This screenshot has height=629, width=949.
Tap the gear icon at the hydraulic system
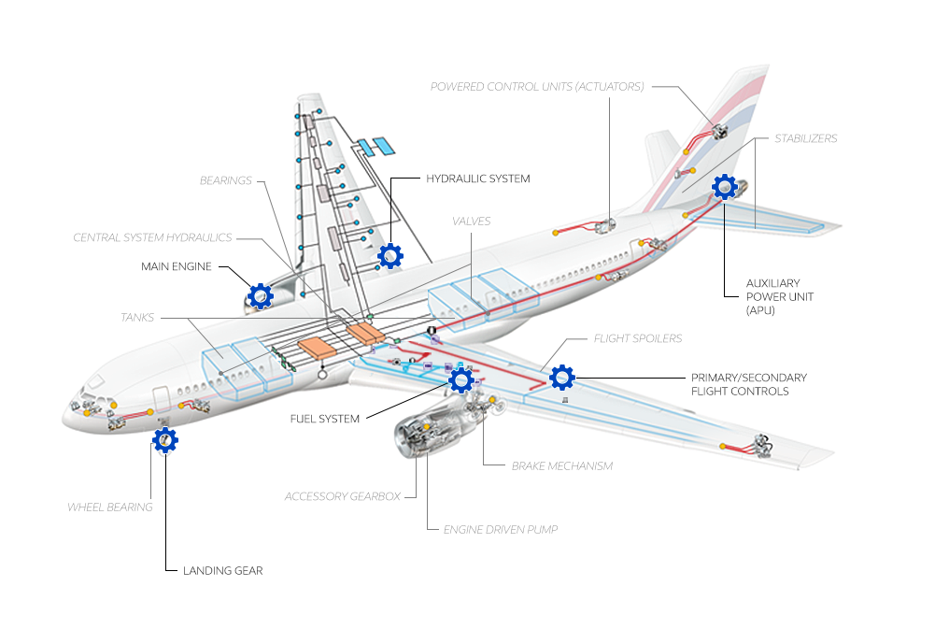(x=390, y=254)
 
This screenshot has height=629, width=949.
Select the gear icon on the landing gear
(x=165, y=440)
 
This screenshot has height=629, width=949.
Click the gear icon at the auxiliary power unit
(x=725, y=188)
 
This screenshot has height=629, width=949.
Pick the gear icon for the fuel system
(x=461, y=379)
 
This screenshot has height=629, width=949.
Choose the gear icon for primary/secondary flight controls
(x=562, y=377)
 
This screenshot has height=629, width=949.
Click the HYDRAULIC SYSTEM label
(x=477, y=179)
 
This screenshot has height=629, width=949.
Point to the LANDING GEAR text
(x=222, y=570)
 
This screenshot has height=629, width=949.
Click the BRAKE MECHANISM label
(x=562, y=465)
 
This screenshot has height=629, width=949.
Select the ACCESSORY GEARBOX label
(x=342, y=496)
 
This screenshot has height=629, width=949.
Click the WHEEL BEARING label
(x=109, y=507)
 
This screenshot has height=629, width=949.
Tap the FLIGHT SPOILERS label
(x=638, y=338)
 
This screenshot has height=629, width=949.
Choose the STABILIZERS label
(x=805, y=138)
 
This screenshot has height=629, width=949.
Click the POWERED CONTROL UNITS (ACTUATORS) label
(x=537, y=87)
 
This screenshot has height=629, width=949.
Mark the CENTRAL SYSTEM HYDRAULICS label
(x=152, y=237)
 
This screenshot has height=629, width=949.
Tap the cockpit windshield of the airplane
(x=93, y=383)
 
